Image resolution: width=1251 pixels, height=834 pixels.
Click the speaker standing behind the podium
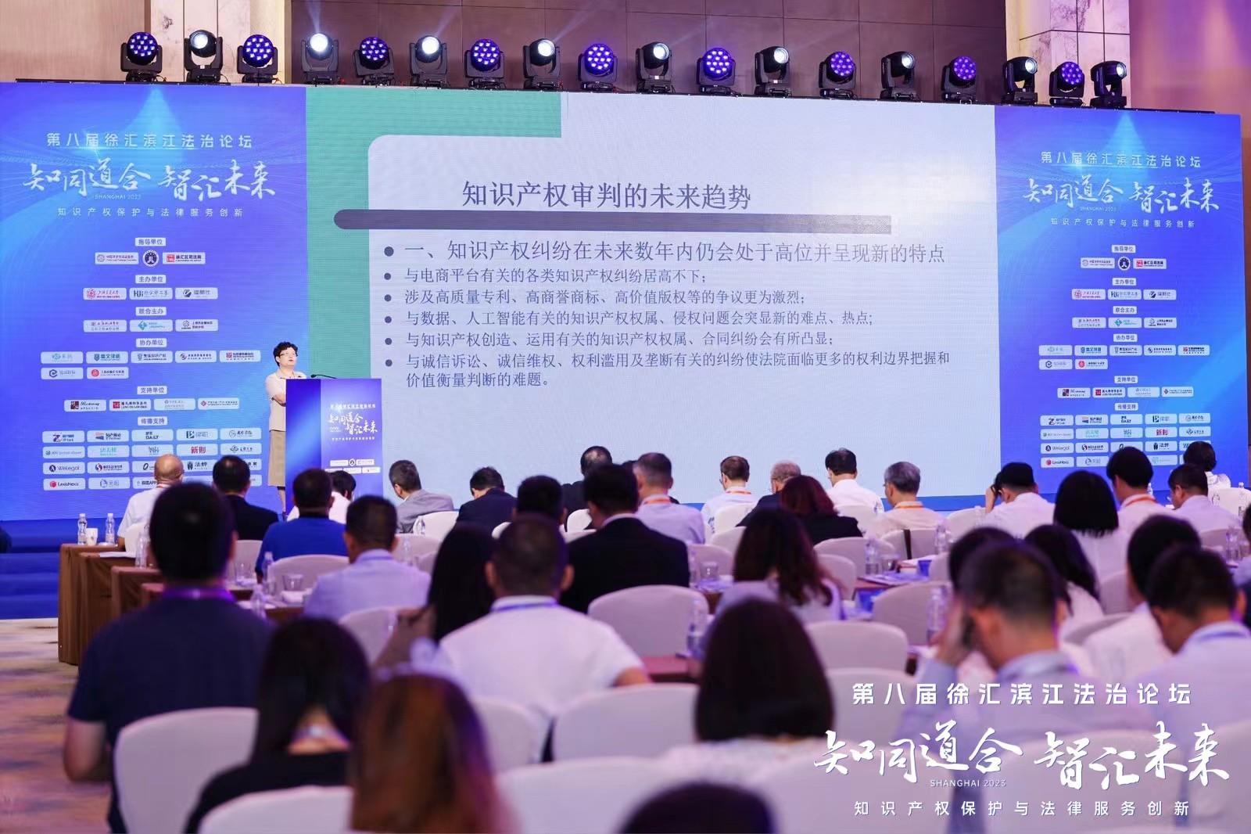click(x=282, y=407)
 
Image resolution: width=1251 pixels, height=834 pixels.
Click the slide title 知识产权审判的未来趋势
click(x=606, y=196)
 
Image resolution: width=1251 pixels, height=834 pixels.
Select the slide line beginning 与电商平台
click(x=555, y=276)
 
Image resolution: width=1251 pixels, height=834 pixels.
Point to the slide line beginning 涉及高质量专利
click(x=604, y=297)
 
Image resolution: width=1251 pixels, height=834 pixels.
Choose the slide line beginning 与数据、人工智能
click(x=638, y=318)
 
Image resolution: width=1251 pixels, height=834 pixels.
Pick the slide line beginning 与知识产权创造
click(x=618, y=340)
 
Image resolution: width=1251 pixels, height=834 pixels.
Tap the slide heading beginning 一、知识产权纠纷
click(x=673, y=253)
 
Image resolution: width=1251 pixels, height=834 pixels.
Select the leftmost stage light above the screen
click(x=142, y=56)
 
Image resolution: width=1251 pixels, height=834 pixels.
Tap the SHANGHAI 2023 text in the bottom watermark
click(x=968, y=782)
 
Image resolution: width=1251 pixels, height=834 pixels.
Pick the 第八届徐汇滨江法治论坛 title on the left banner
click(x=149, y=141)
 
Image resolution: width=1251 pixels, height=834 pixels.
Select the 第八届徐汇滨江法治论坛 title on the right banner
click(x=1120, y=160)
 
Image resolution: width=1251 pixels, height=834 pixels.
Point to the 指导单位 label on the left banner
click(x=150, y=243)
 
